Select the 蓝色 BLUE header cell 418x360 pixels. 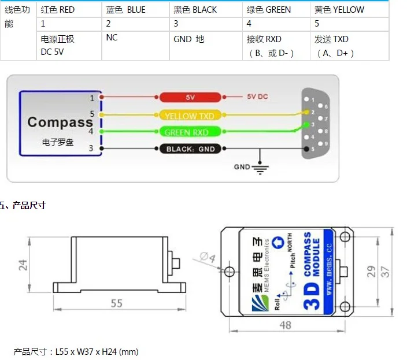[x=126, y=10]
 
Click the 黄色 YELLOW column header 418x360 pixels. [x=339, y=10]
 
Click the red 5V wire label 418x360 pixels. [x=191, y=97]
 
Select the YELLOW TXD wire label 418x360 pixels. [x=189, y=116]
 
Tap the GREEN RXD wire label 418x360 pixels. [x=187, y=132]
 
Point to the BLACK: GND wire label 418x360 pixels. [x=190, y=149]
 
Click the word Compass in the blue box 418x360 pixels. [x=60, y=122]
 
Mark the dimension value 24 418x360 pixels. [x=23, y=264]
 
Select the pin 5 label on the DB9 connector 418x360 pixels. [x=312, y=149]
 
